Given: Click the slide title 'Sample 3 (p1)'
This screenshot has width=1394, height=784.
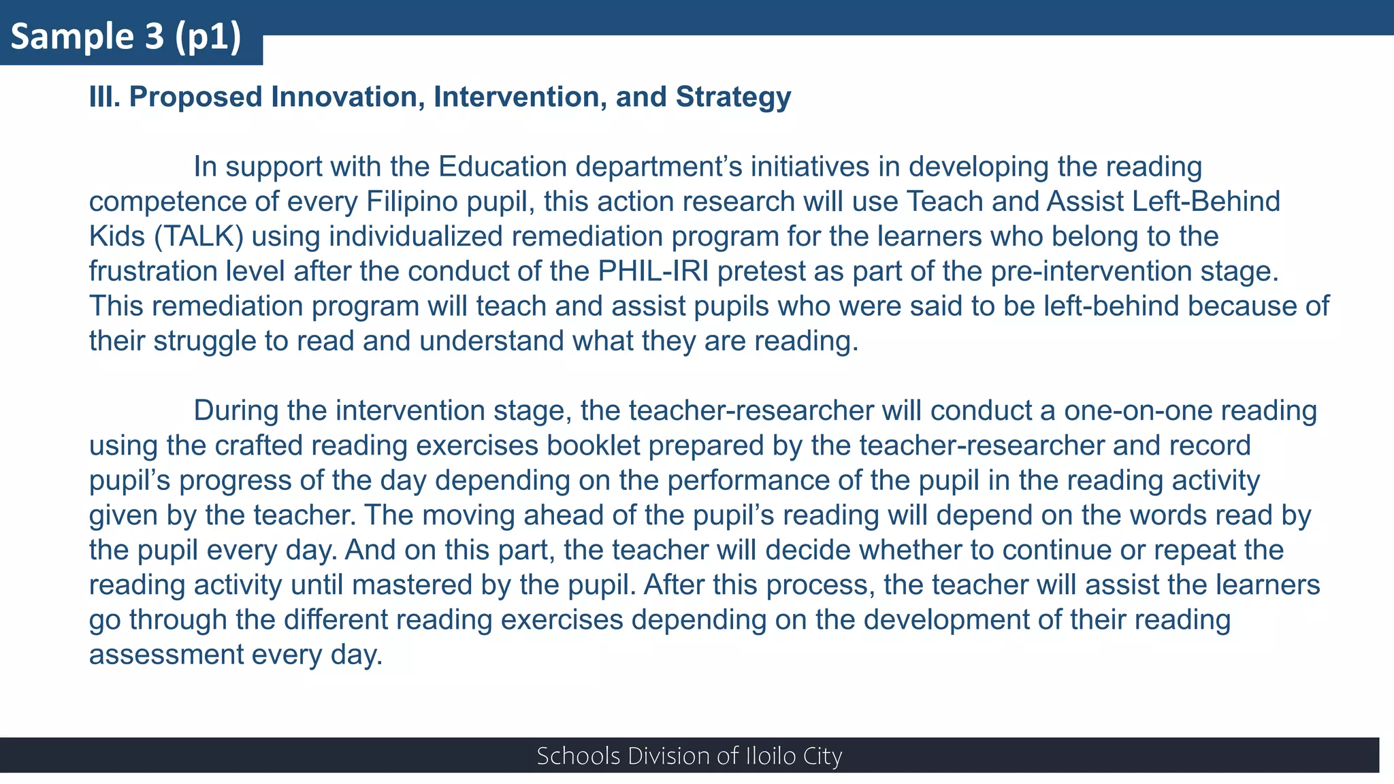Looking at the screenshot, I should (127, 37).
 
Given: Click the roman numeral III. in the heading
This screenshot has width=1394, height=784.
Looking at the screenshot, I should (105, 97).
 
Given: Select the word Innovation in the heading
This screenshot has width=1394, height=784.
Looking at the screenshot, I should (348, 97).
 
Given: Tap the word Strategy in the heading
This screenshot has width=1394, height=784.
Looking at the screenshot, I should (733, 97).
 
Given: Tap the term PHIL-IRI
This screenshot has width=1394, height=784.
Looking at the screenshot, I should (653, 271).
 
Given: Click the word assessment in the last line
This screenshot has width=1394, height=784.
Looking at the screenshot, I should (166, 654).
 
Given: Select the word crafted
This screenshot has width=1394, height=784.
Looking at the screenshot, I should (259, 445).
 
